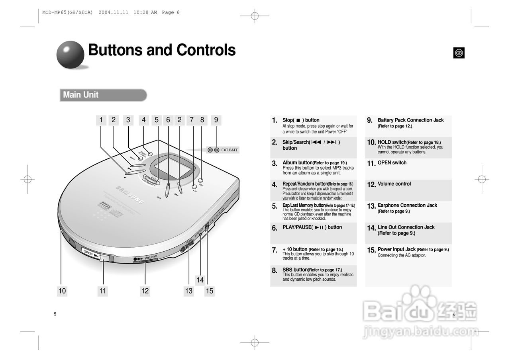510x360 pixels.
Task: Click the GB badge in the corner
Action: pyautogui.click(x=459, y=53)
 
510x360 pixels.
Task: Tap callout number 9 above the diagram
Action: pyautogui.click(x=216, y=120)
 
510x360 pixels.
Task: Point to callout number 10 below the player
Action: pyautogui.click(x=62, y=291)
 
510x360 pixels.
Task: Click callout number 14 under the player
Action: pyautogui.click(x=200, y=280)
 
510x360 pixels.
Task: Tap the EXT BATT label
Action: pyautogui.click(x=229, y=150)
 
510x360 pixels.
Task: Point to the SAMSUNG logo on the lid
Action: pyautogui.click(x=130, y=195)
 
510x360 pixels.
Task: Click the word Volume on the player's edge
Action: pyautogui.click(x=151, y=257)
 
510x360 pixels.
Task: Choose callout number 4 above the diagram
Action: pyautogui.click(x=143, y=120)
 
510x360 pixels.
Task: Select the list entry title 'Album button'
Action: pyautogui.click(x=297, y=162)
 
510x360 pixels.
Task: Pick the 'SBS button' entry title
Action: pyautogui.click(x=295, y=270)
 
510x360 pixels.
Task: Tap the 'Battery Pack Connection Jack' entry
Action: pyautogui.click(x=410, y=120)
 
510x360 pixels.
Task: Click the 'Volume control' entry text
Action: pyautogui.click(x=394, y=184)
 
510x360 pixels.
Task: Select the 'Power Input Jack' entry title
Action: pyautogui.click(x=396, y=249)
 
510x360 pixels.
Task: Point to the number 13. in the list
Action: pyautogui.click(x=371, y=206)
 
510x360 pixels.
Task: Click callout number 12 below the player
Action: pyautogui.click(x=145, y=291)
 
